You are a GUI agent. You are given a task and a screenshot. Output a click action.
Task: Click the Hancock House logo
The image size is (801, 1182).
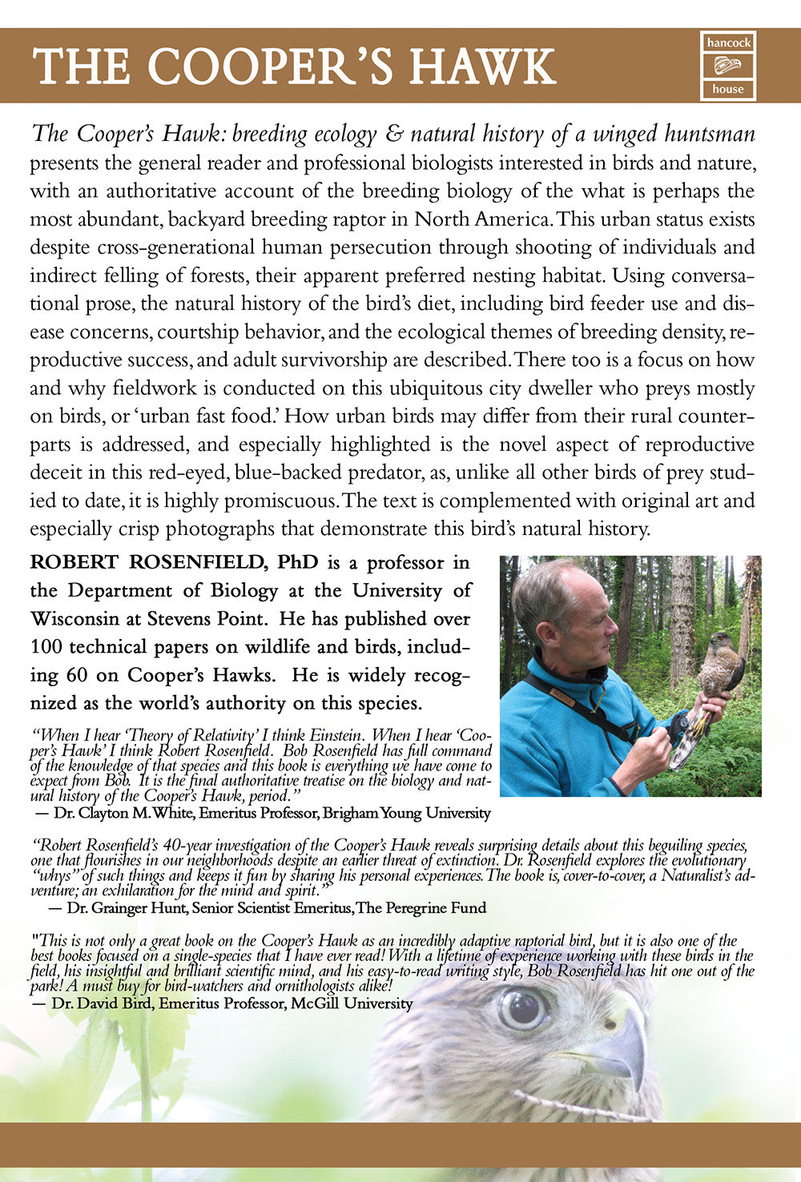[727, 66]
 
